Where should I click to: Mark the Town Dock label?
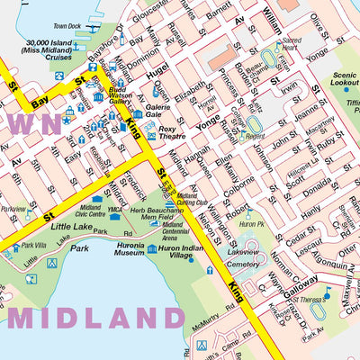[x=67, y=27]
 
